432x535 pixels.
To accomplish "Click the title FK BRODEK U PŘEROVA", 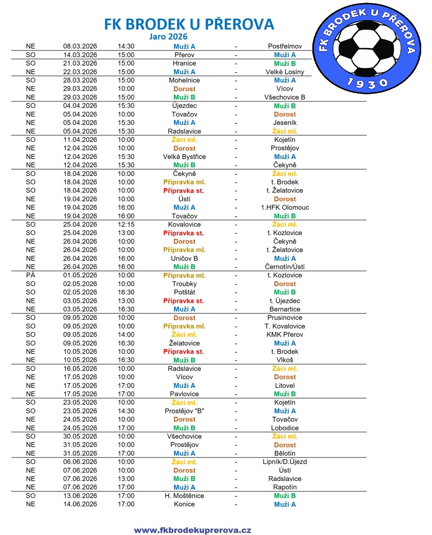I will pos(189,24).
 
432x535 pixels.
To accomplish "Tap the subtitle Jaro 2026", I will pos(168,36).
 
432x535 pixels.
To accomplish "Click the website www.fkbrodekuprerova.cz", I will pos(192,530).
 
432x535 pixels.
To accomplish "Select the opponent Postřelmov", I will pos(285,46).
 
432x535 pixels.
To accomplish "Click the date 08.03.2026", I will pos(80,46).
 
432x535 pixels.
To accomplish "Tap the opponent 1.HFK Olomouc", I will pos(285,207).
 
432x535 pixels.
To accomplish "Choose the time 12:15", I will pos(126,224).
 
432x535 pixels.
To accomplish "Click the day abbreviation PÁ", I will pos(30,275).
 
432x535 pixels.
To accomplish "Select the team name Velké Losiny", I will pos(285,72).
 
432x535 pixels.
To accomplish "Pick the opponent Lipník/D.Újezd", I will pos(285,462).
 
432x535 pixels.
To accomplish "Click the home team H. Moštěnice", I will pos(184,496).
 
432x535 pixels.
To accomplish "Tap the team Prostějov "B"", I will pos(184,411).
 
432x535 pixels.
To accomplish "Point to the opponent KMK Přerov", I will pos(285,335).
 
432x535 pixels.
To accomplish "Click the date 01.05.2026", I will pos(80,275).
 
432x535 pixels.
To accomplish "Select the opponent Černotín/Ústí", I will pos(285,267).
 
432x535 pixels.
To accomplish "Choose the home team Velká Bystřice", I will pos(184,157).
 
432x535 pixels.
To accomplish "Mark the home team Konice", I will pos(184,504).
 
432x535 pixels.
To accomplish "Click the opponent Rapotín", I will pos(285,487).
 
